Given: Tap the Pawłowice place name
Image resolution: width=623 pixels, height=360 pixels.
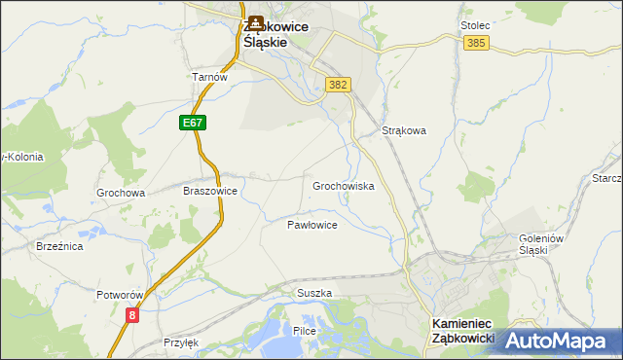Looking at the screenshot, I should (311, 225).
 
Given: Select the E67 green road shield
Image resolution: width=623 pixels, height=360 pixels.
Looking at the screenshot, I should (192, 123).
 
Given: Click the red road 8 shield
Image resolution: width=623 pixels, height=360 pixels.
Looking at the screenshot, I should (132, 314).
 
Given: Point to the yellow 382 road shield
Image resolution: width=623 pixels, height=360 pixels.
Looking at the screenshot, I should (338, 85).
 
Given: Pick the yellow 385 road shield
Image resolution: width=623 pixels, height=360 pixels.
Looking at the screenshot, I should (476, 44).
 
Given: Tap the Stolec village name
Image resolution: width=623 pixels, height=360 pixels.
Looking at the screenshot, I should (474, 25).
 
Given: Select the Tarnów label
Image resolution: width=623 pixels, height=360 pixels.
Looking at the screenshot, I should (209, 77).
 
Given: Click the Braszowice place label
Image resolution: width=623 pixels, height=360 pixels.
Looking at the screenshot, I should (210, 192).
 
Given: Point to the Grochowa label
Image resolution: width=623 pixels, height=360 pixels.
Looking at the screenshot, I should (121, 193).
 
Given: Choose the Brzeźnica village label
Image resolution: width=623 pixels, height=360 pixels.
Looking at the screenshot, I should (59, 247).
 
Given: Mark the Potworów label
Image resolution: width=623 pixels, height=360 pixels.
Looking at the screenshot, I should (120, 294).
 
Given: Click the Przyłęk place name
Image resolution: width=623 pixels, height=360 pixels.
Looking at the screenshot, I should (181, 342).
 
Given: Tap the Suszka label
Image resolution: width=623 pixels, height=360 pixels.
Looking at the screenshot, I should (314, 293).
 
